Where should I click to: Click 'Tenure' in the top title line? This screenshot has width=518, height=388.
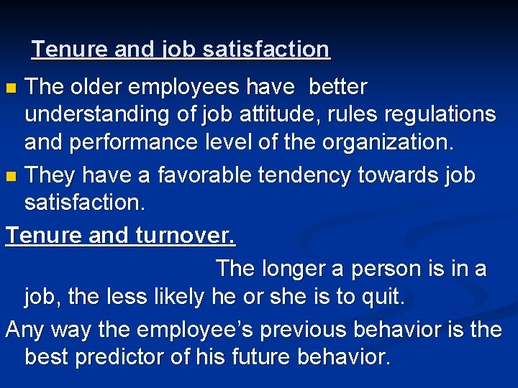point(66,50)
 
